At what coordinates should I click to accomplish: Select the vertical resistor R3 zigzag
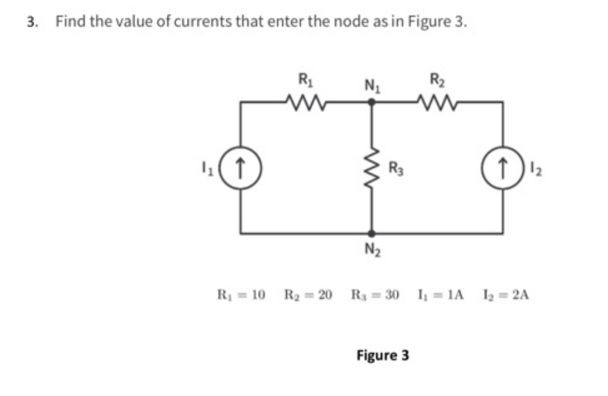coord(372,167)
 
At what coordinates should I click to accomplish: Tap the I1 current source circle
coord(241,167)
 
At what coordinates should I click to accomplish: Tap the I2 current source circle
coord(503,167)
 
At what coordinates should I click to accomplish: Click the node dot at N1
coord(372,102)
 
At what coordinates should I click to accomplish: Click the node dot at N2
coord(372,233)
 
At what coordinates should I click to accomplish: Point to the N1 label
coord(372,84)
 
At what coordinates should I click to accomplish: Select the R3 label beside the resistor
coord(395,167)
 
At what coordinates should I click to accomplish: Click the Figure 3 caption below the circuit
coord(383,354)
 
